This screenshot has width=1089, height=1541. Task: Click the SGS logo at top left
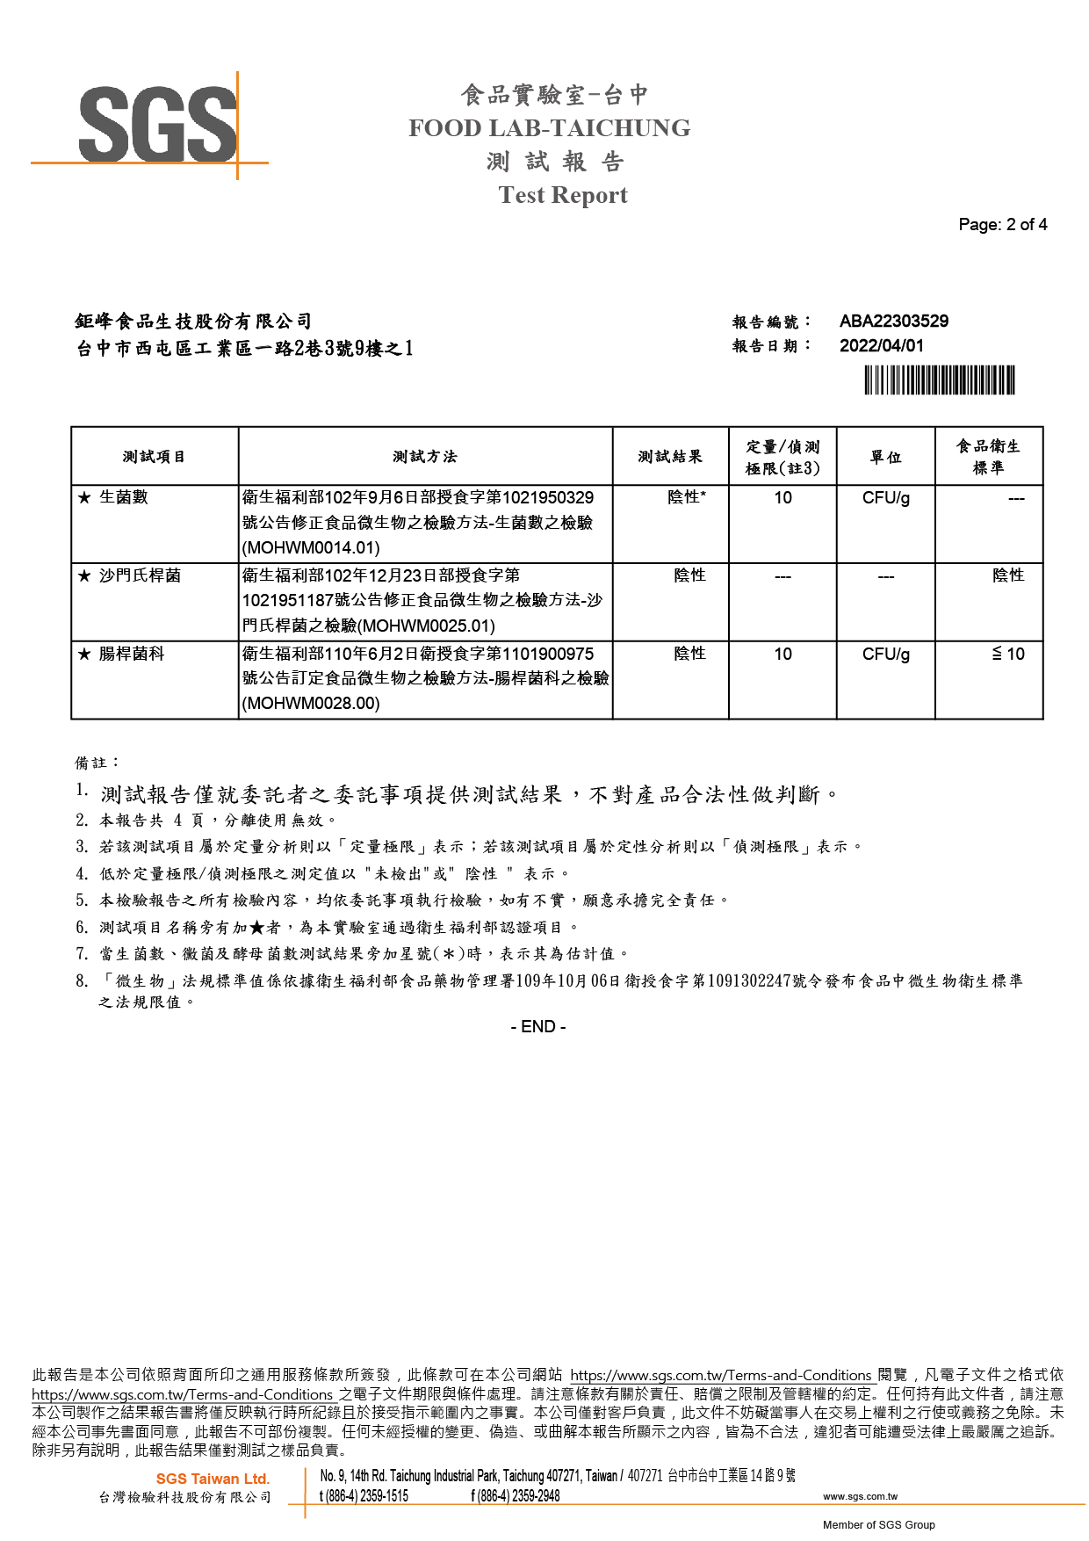[x=158, y=125]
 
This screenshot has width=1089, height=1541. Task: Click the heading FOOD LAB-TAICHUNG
[x=549, y=128]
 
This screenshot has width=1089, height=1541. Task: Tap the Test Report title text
[x=563, y=195]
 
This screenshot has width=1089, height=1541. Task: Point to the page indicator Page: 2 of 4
[x=1002, y=225]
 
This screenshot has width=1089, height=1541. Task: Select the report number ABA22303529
[x=893, y=322]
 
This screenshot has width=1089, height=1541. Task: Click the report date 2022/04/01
[x=881, y=346]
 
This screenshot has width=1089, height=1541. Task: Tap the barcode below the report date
[x=939, y=380]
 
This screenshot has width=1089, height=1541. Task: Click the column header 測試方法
[x=425, y=457]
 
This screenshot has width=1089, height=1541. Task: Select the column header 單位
[x=885, y=457]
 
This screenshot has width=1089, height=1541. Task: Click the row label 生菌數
[x=123, y=497]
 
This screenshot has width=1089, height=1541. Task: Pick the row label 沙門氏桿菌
[x=140, y=575]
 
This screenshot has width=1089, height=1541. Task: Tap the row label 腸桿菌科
[x=132, y=654]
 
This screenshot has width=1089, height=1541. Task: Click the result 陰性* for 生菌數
[x=686, y=497]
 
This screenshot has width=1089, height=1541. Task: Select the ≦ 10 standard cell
[x=1007, y=655]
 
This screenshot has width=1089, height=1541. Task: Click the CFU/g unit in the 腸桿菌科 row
[x=885, y=655]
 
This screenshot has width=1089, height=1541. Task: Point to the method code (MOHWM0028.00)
[x=311, y=704]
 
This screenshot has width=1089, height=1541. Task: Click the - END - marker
[x=538, y=1027]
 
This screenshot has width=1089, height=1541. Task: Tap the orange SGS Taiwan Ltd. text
[x=213, y=1480]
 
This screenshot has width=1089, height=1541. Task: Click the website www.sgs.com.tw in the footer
[x=860, y=1496]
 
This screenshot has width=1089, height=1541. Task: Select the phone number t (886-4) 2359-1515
[x=364, y=1496]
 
